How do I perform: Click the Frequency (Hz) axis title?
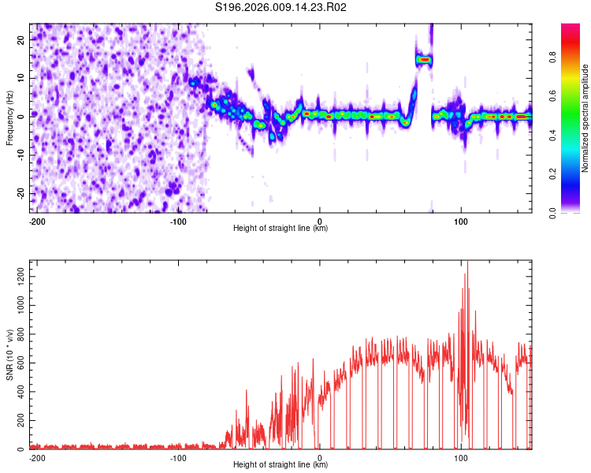pyautogui.click(x=9, y=118)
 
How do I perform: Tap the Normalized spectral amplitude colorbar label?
pyautogui.click(x=585, y=118)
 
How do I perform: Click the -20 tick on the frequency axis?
pyautogui.click(x=20, y=193)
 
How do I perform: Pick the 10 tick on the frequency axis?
pyautogui.click(x=21, y=78)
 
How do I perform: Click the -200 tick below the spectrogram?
pyautogui.click(x=36, y=220)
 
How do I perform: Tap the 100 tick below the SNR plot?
pyautogui.click(x=461, y=457)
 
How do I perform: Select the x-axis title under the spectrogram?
pyautogui.click(x=281, y=228)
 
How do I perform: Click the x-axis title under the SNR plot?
pyautogui.click(x=281, y=465)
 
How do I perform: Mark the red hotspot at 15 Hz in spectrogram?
pyautogui.click(x=424, y=59)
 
